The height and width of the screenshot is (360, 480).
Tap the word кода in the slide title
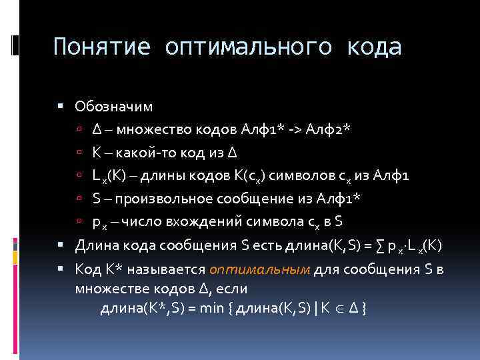376,47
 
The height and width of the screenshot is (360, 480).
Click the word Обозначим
114,106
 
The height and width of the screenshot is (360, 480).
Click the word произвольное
161,198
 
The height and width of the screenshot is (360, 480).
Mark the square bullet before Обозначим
61,106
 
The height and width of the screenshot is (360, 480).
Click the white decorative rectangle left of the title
15,45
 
